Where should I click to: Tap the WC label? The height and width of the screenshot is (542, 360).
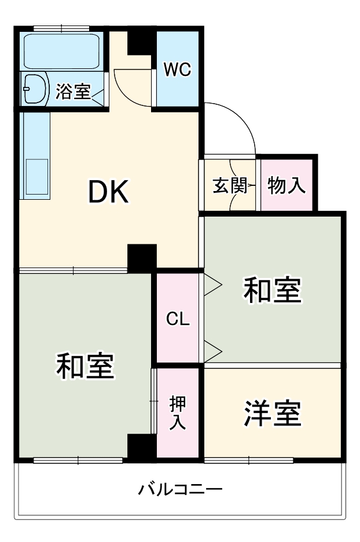(177, 69)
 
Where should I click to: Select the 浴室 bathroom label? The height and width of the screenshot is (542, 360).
(74, 91)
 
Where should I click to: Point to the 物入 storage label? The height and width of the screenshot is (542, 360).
(286, 186)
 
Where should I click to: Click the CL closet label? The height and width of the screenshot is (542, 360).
(178, 319)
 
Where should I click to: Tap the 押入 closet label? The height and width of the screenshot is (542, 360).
(177, 412)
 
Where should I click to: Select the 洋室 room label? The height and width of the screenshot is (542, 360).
(272, 413)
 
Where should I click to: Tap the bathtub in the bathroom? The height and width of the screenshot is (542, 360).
(62, 50)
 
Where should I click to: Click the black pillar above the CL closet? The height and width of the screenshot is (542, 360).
(142, 258)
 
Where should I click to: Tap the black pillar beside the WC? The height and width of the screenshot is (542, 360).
(138, 41)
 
